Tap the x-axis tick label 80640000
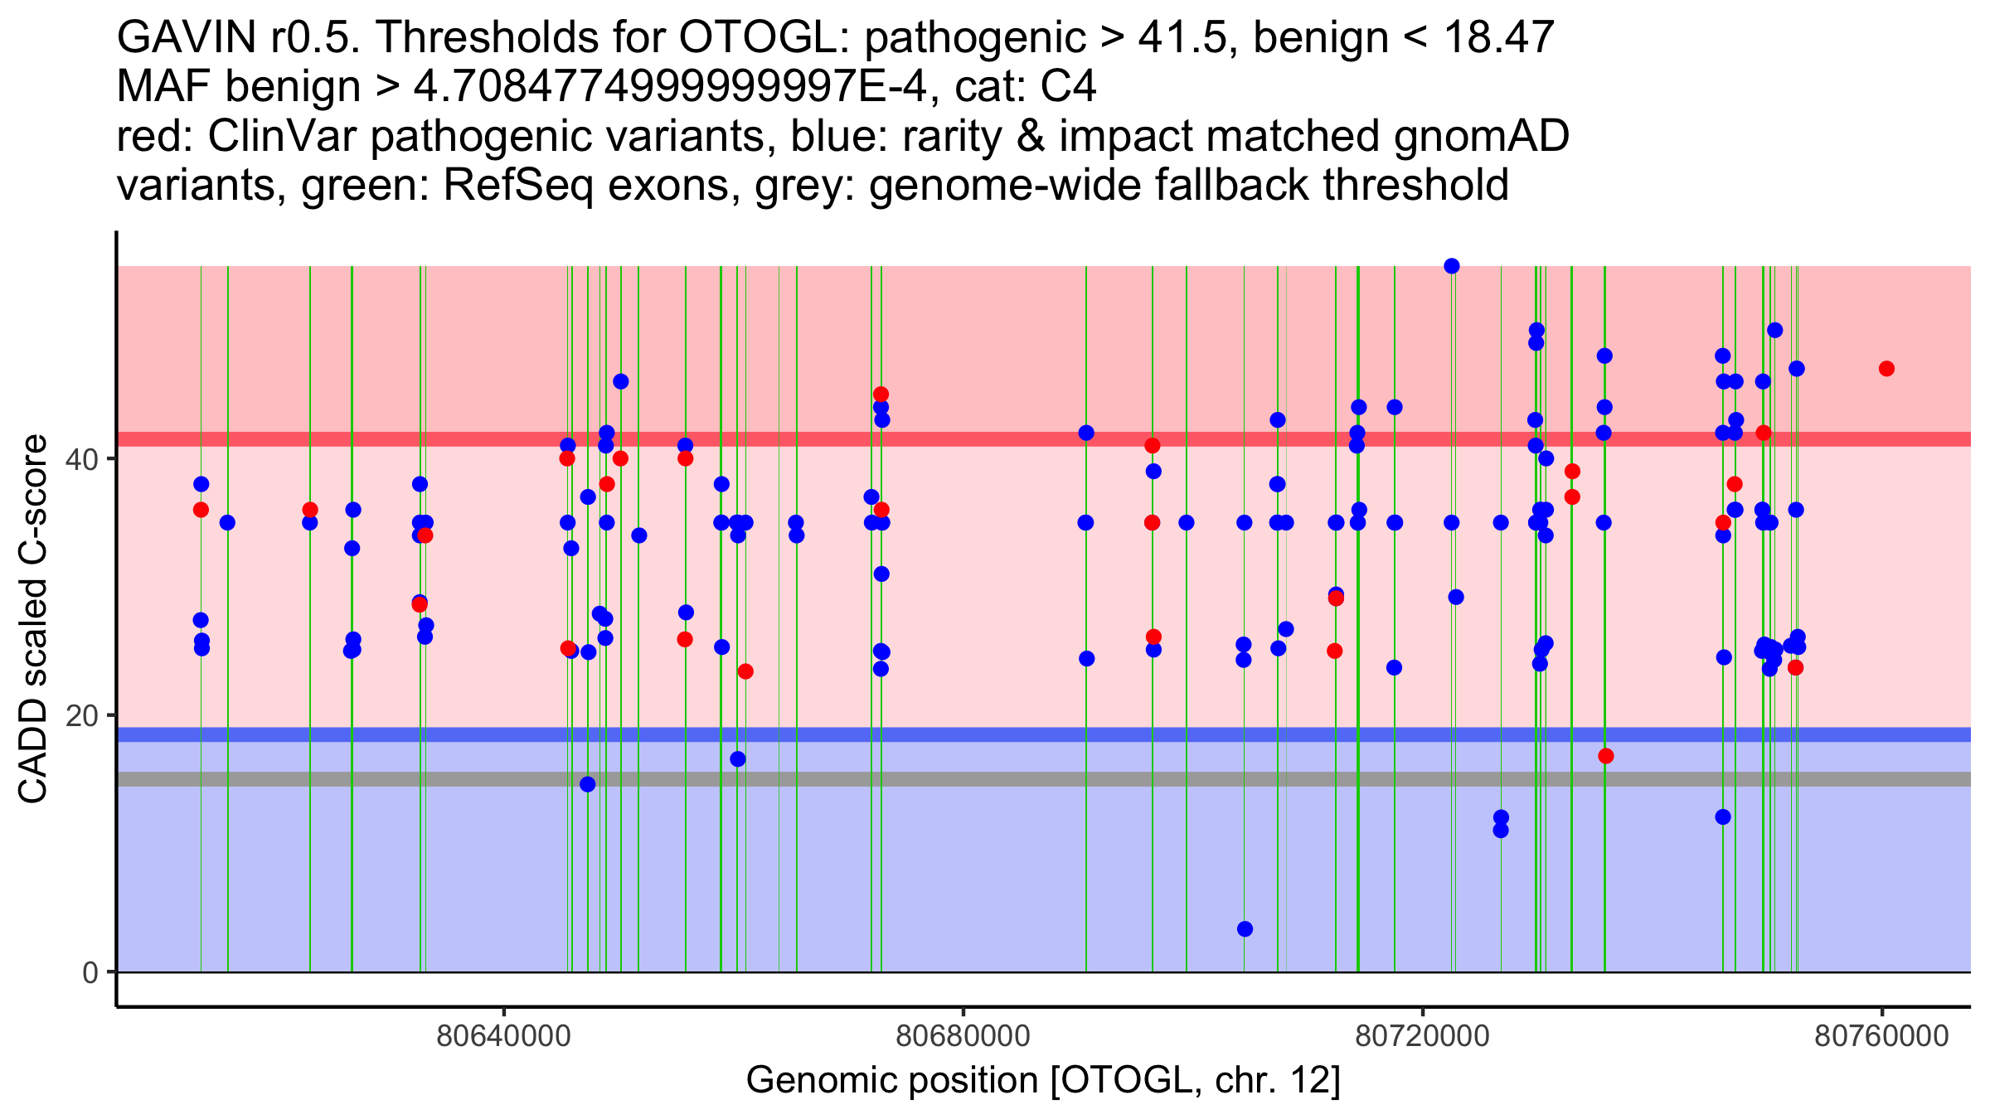point(503,1036)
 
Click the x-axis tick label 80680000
point(963,1036)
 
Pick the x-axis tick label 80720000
point(1423,1036)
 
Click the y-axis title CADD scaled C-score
point(33,619)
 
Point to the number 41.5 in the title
point(1182,37)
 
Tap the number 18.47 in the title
point(1498,37)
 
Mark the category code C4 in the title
point(1069,87)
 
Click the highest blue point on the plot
point(1452,266)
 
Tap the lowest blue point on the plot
point(1245,929)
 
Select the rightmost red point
point(1886,369)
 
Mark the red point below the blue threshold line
point(1606,756)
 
